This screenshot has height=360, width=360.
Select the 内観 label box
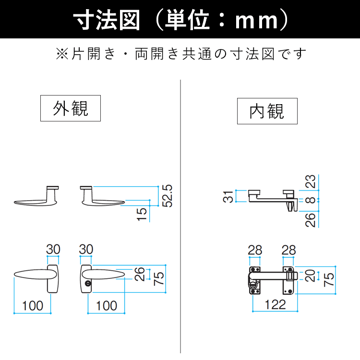267,111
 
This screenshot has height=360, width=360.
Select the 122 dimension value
275,304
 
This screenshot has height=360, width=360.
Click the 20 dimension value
311,275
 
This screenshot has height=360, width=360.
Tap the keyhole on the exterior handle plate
88,285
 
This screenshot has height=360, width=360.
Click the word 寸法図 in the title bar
107,20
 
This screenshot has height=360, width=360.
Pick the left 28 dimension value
255,250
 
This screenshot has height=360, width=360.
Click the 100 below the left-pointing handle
33,305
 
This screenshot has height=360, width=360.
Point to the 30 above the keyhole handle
85,250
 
